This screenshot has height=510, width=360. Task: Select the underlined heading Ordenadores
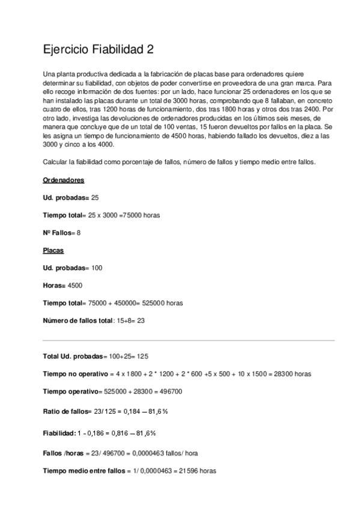coord(64,180)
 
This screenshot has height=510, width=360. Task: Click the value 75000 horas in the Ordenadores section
coord(140,214)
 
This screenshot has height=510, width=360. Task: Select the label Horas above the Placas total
coord(55,286)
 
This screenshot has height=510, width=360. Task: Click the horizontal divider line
coord(180,340)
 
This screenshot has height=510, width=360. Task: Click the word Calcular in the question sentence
coord(55,162)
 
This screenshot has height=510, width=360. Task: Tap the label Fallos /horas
coord(63,452)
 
